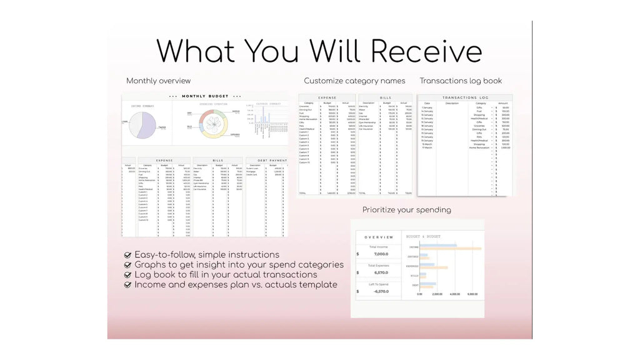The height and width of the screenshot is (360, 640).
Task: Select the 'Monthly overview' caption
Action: click(158, 81)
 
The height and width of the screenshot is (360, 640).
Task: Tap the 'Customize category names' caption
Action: click(354, 81)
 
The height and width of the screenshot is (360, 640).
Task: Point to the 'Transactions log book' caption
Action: click(461, 81)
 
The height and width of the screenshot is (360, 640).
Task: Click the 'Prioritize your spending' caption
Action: click(406, 209)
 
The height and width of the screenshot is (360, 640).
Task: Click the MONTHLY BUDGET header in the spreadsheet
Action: click(205, 96)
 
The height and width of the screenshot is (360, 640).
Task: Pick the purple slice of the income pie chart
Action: click(146, 122)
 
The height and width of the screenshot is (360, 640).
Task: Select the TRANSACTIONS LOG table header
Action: click(464, 98)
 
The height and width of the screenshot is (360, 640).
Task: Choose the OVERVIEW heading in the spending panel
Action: click(379, 237)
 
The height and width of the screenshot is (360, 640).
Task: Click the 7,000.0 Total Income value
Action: click(381, 254)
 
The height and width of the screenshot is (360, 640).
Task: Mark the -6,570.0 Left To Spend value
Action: click(381, 291)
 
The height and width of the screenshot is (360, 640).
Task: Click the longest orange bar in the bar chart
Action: click(450, 249)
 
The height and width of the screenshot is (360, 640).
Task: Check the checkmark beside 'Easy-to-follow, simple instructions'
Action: click(128, 255)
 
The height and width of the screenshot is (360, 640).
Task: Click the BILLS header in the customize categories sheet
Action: click(386, 98)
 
